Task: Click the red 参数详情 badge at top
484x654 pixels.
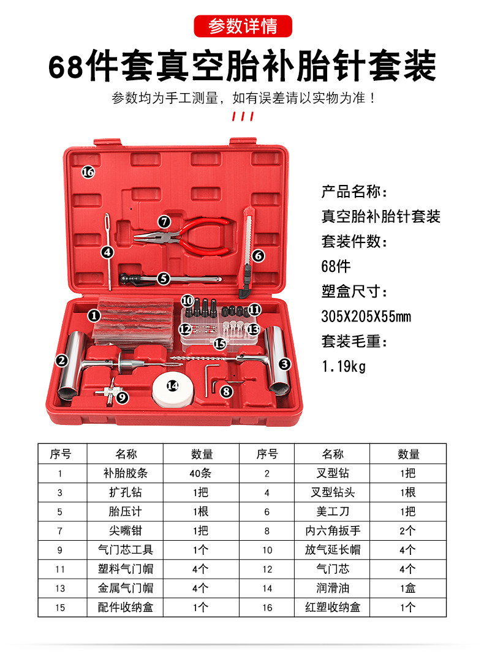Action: [x=243, y=26]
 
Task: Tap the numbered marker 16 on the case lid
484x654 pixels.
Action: [x=88, y=172]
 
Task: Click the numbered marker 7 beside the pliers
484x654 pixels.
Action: [x=164, y=221]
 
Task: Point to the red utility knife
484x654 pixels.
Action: [x=248, y=245]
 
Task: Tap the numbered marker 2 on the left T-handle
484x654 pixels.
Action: [x=61, y=361]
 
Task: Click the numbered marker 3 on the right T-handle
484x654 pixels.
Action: [x=284, y=364]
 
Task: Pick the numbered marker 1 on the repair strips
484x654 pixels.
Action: [x=94, y=316]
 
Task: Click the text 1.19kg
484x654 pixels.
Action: [x=343, y=367]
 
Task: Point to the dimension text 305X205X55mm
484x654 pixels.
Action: [x=366, y=317]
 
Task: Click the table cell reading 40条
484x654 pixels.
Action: [x=202, y=473]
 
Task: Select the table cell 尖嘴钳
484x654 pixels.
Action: [x=126, y=531]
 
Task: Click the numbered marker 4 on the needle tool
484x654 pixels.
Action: [x=108, y=252]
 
